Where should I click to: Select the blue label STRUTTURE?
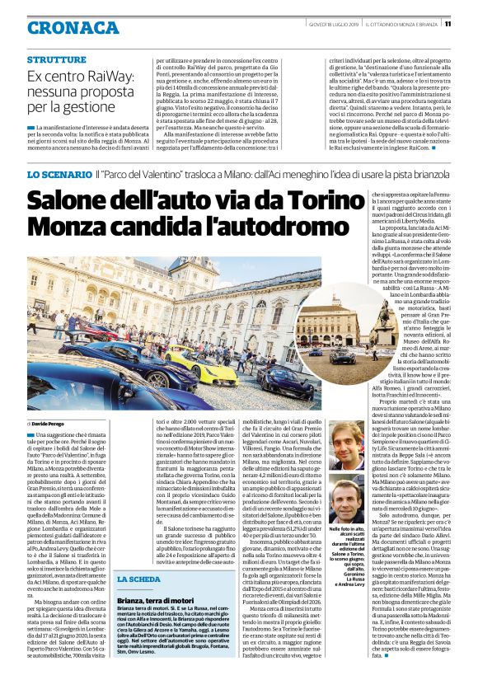tap(56, 60)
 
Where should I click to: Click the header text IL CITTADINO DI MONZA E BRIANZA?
tap(394, 23)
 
